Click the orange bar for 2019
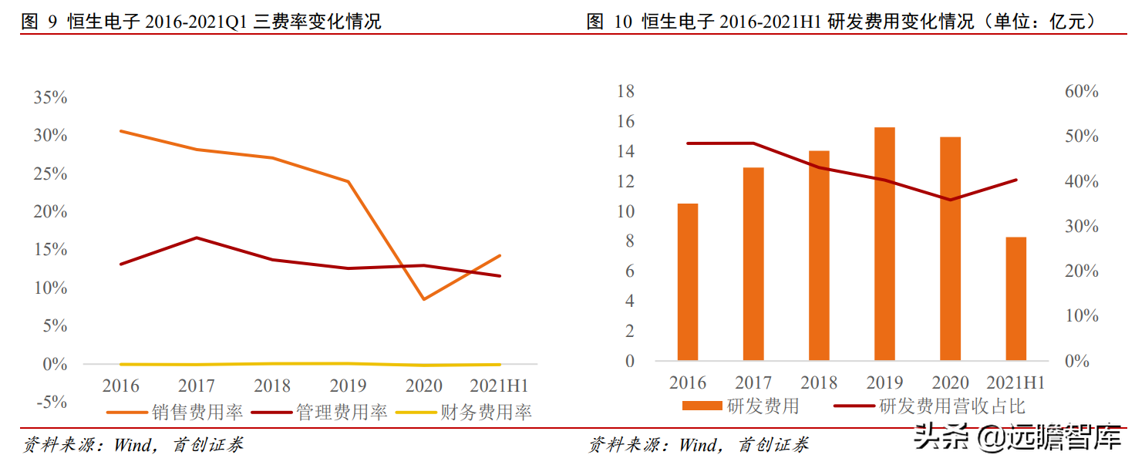pyautogui.click(x=884, y=244)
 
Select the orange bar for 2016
pyautogui.click(x=688, y=281)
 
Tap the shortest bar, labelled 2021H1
pyautogui.click(x=1016, y=298)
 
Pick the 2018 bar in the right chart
pyautogui.click(x=819, y=255)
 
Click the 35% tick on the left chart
pyautogui.click(x=50, y=98)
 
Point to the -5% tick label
pyautogui.click(x=50, y=402)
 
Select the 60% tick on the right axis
pyautogui.click(x=1081, y=91)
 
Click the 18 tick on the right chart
pyautogui.click(x=625, y=91)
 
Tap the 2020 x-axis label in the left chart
pyautogui.click(x=424, y=386)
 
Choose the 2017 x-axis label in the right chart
pyautogui.click(x=753, y=383)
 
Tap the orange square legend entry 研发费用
pyautogui.click(x=740, y=406)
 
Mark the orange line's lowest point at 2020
pyautogui.click(x=424, y=299)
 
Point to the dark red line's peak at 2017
pyautogui.click(x=197, y=238)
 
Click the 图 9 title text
pyautogui.click(x=201, y=21)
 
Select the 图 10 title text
pyautogui.click(x=840, y=21)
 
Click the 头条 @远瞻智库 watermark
pyautogui.click(x=1018, y=440)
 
